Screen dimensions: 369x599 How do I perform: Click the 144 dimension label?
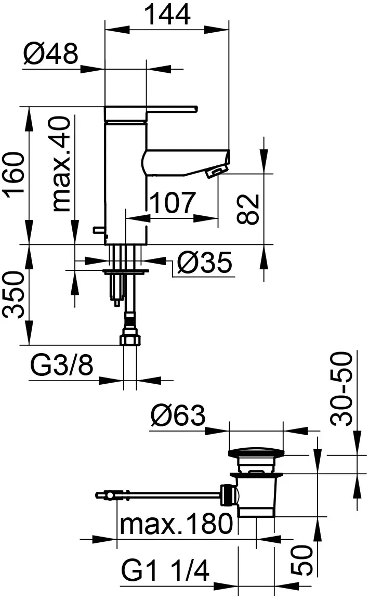pyautogui.click(x=167, y=15)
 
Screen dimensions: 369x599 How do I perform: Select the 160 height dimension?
pyautogui.click(x=15, y=175)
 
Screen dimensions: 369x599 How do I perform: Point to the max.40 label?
pyautogui.click(x=61, y=164)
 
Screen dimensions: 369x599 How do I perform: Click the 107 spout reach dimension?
pyautogui.click(x=173, y=203)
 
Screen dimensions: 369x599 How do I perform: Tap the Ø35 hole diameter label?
pyautogui.click(x=205, y=262)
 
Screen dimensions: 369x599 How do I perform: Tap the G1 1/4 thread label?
pyautogui.click(x=165, y=571)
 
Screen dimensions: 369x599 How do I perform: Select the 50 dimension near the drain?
pyautogui.click(x=302, y=560)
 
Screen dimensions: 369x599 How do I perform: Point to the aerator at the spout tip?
pyautogui.click(x=216, y=171)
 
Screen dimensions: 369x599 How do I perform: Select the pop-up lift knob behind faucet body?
pyautogui.click(x=99, y=229)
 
